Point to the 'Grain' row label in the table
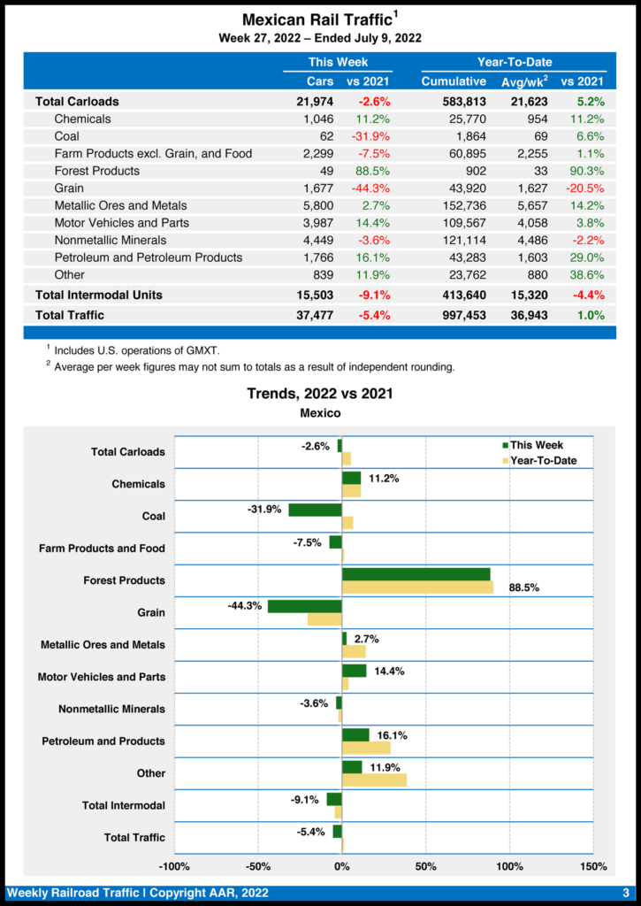tap(69, 188)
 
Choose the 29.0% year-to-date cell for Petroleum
tap(588, 257)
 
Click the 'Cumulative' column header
tap(454, 81)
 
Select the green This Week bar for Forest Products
tap(416, 574)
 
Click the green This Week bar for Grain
tap(304, 606)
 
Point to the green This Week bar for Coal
tap(315, 510)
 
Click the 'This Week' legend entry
tap(536, 445)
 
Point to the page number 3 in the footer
tap(625, 893)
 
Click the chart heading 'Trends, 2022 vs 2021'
tap(320, 394)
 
